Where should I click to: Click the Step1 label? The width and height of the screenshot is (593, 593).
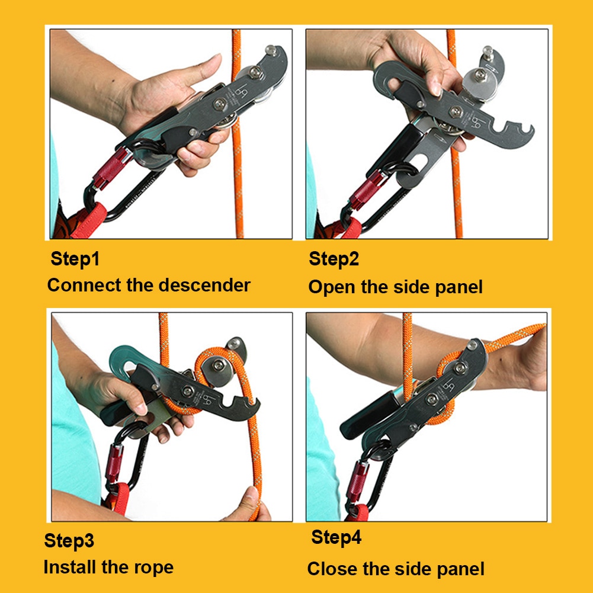pos(75,259)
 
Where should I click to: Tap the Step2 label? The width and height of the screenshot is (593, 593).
pos(334,259)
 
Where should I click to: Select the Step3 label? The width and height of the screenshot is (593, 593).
pos(69,541)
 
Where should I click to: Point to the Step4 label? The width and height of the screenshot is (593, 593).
pos(336,538)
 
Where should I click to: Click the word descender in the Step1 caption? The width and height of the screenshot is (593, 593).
pos(204,285)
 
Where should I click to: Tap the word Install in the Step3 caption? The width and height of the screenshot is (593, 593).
pos(69,567)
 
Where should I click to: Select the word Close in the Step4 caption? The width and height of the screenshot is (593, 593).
pos(332,569)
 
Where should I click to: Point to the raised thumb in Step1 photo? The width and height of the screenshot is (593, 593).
pos(204,67)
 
